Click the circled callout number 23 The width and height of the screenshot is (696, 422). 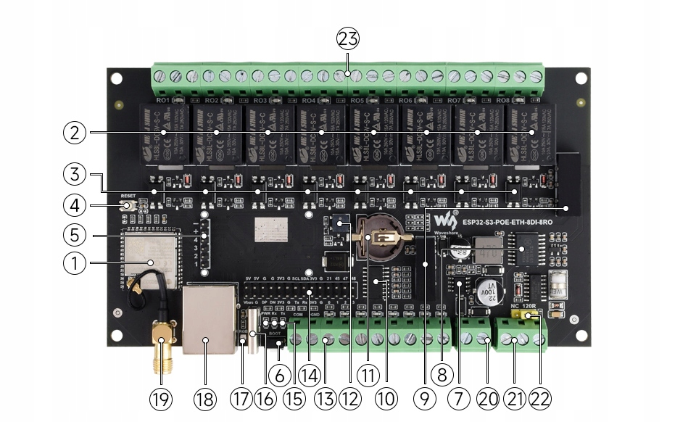pos(348,38)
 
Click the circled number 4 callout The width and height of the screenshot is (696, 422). pos(73,205)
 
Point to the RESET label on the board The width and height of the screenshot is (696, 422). pos(128,196)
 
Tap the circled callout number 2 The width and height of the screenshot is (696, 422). pos(73,133)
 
